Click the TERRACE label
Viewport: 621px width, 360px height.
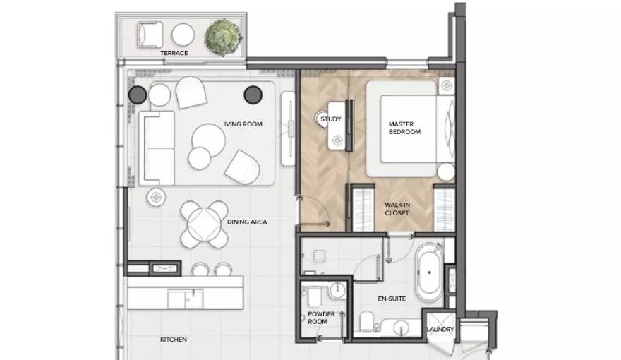174,53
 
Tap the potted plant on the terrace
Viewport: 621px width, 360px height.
224,37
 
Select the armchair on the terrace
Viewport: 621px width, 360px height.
150,35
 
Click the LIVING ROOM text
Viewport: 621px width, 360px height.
241,124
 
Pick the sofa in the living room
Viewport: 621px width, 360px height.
157,148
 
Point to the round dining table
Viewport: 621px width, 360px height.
205,224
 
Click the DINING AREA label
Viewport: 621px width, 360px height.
247,222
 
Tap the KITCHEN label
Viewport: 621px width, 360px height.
174,340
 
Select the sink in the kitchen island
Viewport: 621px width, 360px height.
186,299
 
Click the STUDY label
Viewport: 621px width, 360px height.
331,119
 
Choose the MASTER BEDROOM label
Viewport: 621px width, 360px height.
404,128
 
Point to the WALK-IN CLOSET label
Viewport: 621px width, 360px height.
397,209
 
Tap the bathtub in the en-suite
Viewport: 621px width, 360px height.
429,272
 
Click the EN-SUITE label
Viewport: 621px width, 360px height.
392,299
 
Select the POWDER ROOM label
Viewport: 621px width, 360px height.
321,318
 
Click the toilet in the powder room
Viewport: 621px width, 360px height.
315,296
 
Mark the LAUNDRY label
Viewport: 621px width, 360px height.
440,329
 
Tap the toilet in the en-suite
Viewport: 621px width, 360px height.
367,321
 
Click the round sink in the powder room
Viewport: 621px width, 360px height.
337,290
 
